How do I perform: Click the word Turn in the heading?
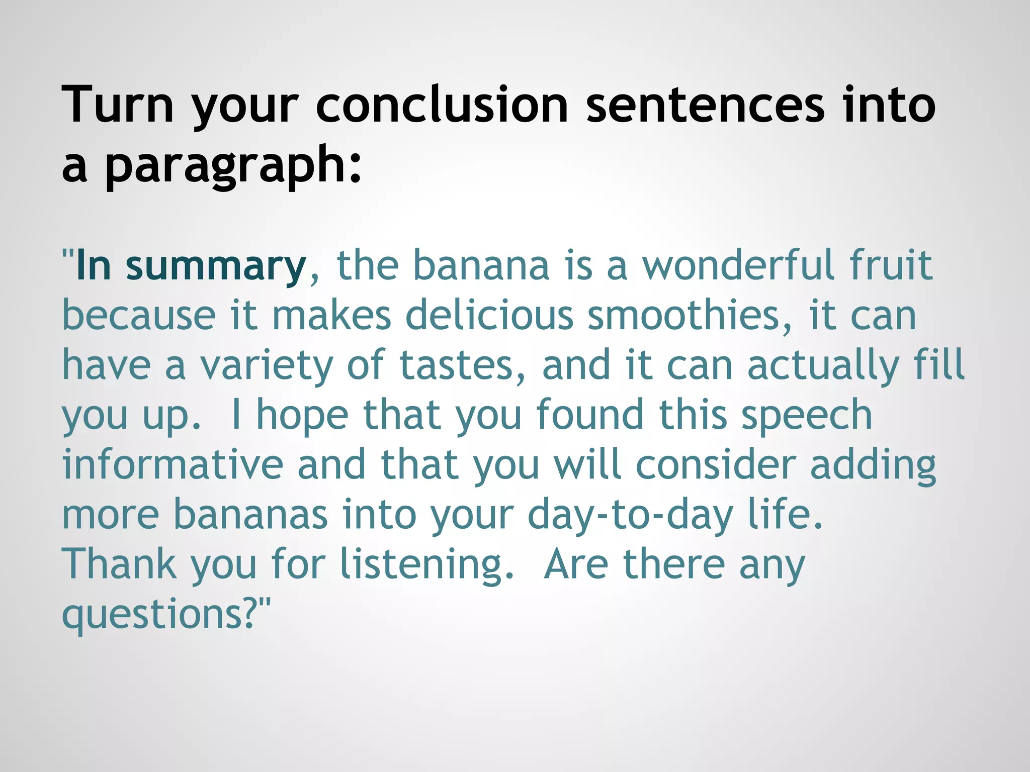(118, 105)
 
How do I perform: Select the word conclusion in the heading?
(442, 105)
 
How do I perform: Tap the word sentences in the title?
(705, 105)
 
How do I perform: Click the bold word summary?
(216, 266)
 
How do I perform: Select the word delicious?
(489, 315)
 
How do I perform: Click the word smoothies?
(689, 315)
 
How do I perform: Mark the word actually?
(823, 366)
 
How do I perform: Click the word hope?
(302, 416)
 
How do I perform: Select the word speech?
(807, 416)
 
